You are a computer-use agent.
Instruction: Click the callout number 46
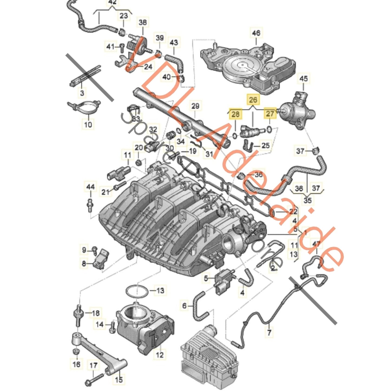tap(256, 33)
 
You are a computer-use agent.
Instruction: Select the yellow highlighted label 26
tap(253, 100)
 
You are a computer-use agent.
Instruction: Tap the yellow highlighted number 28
tap(235, 114)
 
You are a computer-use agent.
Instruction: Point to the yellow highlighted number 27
tap(270, 114)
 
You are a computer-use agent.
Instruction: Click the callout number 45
tap(303, 78)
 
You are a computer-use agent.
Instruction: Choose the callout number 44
tap(90, 187)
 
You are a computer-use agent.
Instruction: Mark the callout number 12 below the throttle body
tap(160, 354)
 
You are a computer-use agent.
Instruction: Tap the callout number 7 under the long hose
tap(269, 332)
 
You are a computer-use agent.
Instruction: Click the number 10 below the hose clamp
tap(88, 124)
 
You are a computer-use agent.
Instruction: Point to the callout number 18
tap(96, 313)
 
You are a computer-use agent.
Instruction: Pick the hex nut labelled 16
tap(76, 352)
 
